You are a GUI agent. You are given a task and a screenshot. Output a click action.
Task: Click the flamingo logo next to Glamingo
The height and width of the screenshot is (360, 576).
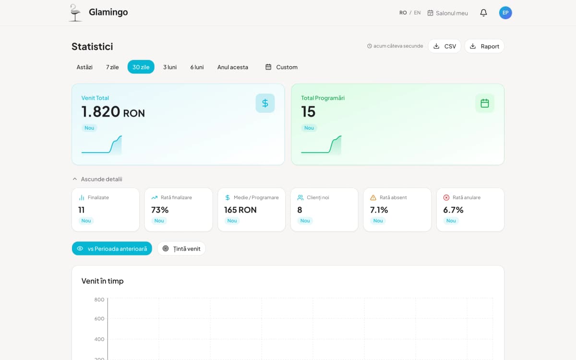(x=75, y=13)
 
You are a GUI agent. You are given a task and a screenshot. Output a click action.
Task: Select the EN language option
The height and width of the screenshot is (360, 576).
(x=417, y=13)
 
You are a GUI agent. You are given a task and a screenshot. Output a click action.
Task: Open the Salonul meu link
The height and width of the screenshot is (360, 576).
(x=447, y=13)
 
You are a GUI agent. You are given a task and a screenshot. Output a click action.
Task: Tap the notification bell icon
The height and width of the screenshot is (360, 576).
(x=483, y=13)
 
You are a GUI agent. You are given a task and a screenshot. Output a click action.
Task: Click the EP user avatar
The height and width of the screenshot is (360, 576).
(x=505, y=13)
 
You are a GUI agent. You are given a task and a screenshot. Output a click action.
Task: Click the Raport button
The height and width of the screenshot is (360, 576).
(x=484, y=46)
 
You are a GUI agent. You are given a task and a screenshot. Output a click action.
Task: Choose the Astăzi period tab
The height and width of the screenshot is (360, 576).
(x=84, y=67)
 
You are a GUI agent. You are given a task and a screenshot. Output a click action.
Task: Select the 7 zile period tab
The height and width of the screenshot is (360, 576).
(x=112, y=67)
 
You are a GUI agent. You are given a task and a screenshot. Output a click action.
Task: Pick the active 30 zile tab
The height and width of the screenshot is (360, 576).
(x=141, y=67)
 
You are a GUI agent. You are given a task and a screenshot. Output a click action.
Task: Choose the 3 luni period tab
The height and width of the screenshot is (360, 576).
(x=170, y=67)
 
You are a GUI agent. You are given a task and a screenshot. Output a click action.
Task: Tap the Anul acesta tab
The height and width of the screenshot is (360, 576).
(x=233, y=67)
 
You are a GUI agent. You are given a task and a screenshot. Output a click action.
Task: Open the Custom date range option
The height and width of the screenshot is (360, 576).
(x=281, y=67)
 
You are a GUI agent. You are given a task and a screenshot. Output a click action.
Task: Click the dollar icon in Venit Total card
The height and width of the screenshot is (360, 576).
(x=265, y=103)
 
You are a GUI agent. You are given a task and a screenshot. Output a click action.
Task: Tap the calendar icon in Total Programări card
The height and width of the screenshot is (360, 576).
(x=485, y=103)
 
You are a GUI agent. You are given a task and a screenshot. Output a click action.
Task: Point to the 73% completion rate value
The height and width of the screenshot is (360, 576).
(x=160, y=210)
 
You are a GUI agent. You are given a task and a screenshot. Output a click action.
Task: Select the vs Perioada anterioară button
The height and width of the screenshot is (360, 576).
(x=112, y=249)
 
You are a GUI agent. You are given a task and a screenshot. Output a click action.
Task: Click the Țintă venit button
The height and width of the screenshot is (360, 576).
(x=181, y=249)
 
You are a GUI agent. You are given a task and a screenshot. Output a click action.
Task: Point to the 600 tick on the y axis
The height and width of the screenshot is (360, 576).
(x=99, y=319)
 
